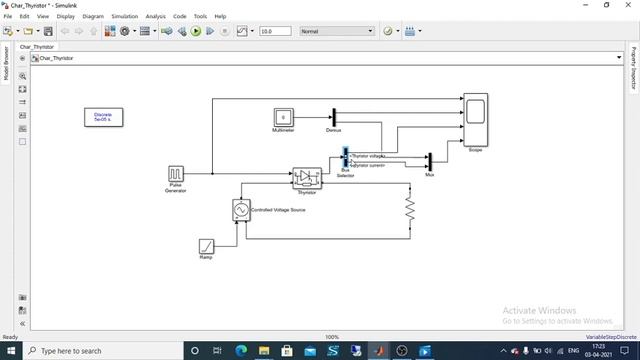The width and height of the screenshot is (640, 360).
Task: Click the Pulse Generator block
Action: (176, 174)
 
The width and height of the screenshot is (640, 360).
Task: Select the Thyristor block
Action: (306, 178)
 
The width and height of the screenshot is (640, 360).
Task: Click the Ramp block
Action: (206, 246)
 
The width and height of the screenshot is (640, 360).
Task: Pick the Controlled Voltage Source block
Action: (240, 210)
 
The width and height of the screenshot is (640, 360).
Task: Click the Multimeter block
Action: (283, 117)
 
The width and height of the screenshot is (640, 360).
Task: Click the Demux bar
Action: (334, 117)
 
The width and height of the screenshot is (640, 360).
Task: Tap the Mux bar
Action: (429, 161)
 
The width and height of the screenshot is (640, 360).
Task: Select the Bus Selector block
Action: (345, 157)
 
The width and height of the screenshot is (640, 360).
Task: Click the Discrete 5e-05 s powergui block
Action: (103, 117)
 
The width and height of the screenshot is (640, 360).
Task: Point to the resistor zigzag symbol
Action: (409, 208)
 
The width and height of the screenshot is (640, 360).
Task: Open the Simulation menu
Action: (125, 16)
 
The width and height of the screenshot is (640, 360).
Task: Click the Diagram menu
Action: (93, 16)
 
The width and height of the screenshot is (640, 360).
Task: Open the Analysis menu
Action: (155, 16)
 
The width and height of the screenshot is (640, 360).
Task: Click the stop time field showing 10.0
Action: (274, 31)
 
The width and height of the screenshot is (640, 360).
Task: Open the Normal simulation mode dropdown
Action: (336, 31)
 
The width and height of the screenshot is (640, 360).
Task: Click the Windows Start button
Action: (11, 351)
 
